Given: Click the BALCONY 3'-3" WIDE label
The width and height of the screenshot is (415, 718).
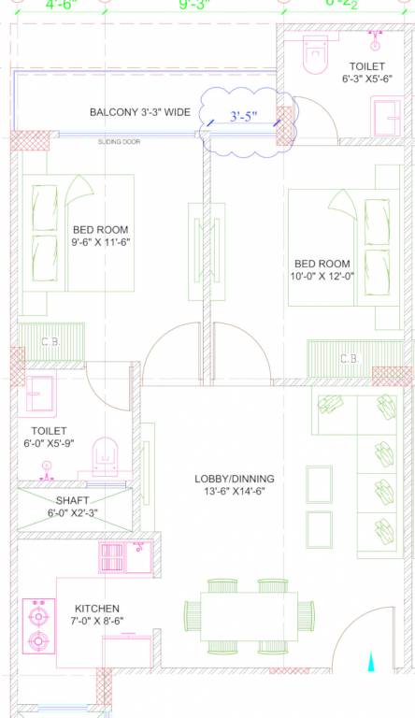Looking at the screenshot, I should point(139,112).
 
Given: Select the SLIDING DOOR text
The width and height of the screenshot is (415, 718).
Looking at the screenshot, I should point(118,141).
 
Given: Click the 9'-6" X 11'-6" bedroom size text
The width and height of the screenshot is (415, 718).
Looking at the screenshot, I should point(100,242).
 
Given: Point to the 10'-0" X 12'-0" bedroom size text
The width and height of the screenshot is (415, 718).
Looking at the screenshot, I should point(322,276).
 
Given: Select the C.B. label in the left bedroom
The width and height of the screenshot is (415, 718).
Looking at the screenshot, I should point(50,342).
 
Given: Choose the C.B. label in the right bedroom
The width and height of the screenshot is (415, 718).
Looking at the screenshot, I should point(349,358).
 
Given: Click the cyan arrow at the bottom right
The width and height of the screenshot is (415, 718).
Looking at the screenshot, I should point(372,663).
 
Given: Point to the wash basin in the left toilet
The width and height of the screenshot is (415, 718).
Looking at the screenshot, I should point(41,393).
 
